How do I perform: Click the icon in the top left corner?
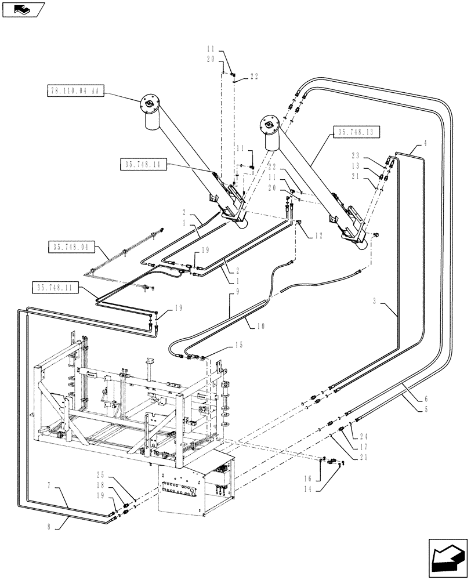[23, 9]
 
